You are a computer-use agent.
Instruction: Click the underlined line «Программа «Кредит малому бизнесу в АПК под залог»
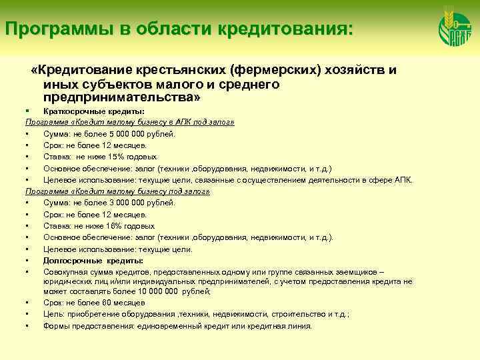point(129,123)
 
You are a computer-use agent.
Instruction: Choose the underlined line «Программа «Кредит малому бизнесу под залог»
point(117,191)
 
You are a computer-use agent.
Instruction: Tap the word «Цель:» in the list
point(54,314)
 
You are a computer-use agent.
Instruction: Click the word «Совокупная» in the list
point(64,272)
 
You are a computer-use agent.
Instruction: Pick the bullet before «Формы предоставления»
point(25,326)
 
